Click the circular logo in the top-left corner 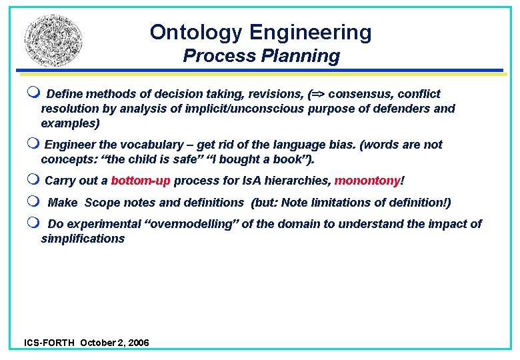(54, 41)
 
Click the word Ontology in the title (197, 32)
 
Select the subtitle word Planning (306, 57)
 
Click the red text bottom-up (141, 181)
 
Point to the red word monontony (367, 181)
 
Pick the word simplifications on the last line (83, 239)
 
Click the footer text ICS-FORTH (50, 343)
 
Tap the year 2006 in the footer (138, 343)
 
